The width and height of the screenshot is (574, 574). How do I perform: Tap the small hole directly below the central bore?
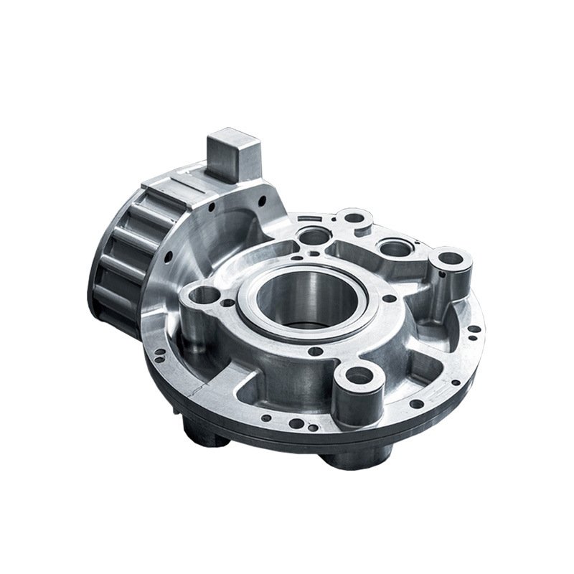[313, 352]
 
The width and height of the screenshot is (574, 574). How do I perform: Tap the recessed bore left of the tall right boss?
[394, 248]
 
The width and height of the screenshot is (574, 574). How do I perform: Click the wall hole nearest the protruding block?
[213, 208]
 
